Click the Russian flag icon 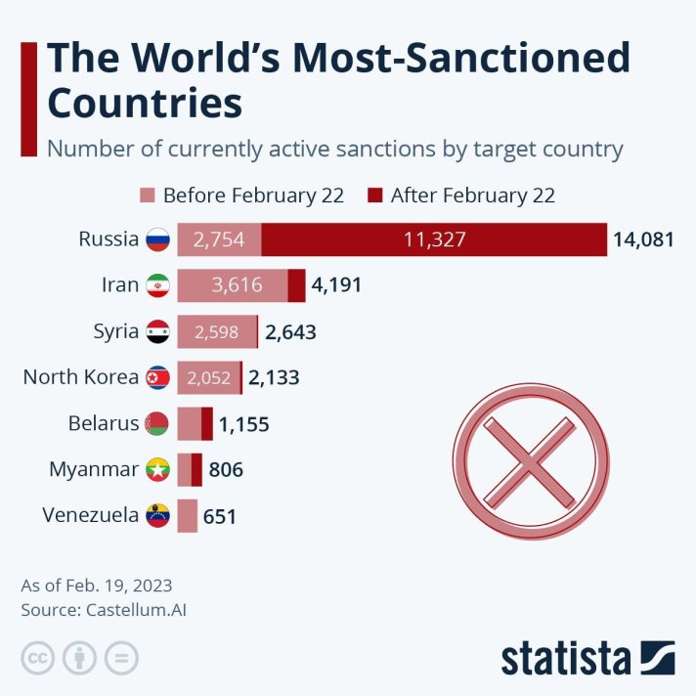157,239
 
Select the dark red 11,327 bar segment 435,239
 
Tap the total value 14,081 643,239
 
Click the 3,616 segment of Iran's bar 233,285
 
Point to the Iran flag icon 157,285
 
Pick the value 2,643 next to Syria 290,332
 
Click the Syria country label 115,331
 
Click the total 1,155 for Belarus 243,424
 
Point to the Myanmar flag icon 157,470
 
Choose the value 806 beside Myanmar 226,470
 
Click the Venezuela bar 188,516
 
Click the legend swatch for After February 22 375,196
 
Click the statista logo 587,657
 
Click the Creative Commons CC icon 38,658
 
